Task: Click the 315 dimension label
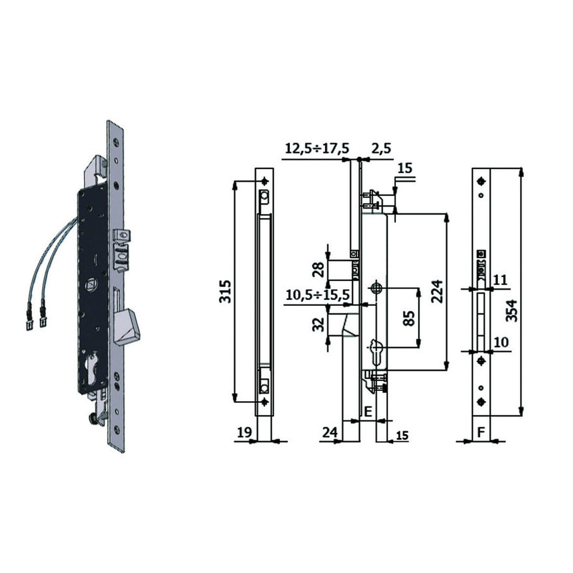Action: tap(225, 291)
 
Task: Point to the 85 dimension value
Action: tap(409, 319)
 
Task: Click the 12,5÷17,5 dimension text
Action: tap(316, 148)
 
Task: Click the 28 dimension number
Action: tap(319, 270)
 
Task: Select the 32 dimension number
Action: tap(319, 324)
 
